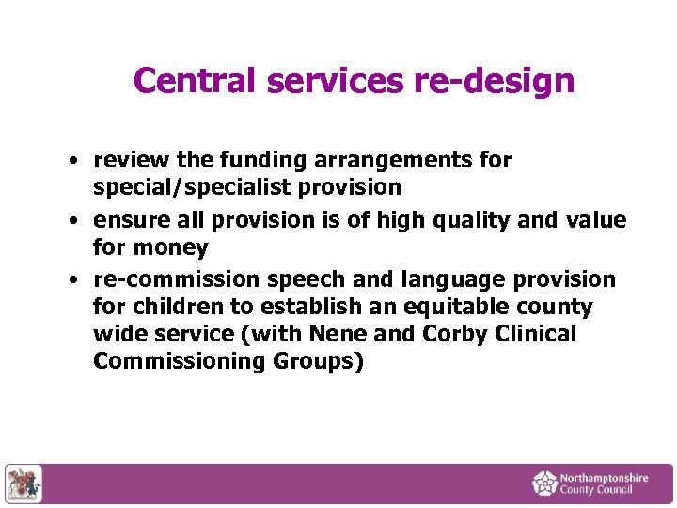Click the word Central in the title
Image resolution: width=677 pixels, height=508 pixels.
pyautogui.click(x=196, y=81)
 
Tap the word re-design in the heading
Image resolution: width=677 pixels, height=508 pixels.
pyautogui.click(x=494, y=81)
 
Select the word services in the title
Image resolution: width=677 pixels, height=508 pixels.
pyautogui.click(x=336, y=81)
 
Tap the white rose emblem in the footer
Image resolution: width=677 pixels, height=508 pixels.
pyautogui.click(x=545, y=484)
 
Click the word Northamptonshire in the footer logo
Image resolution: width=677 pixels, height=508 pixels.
pyautogui.click(x=604, y=478)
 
